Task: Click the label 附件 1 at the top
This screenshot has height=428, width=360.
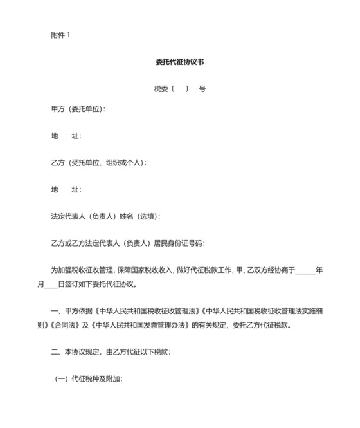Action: [x=60, y=35]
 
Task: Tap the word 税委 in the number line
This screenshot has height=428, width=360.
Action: [x=161, y=89]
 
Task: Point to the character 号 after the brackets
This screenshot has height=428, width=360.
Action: [x=203, y=89]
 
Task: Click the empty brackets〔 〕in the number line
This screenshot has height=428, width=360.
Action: [x=180, y=89]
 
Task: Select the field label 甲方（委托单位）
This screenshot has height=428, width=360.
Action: [x=77, y=109]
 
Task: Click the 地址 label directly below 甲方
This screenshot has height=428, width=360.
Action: [x=66, y=136]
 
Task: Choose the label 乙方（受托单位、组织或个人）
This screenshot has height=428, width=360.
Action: [x=98, y=163]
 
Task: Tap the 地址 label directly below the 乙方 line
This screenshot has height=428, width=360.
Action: [x=66, y=190]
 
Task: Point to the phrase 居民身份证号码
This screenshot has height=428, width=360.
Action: [x=178, y=244]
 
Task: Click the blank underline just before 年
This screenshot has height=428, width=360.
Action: [x=305, y=271]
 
